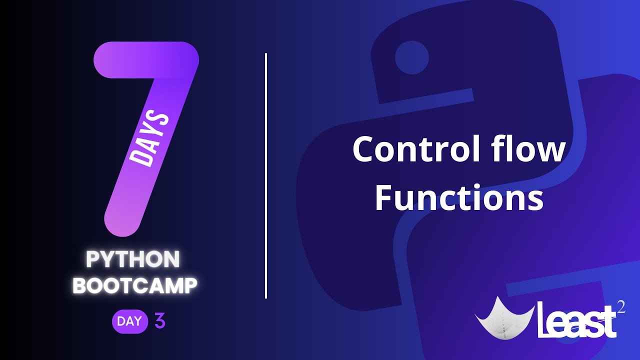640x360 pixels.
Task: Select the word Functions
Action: pyautogui.click(x=459, y=197)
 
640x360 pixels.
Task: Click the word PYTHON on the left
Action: pyautogui.click(x=133, y=259)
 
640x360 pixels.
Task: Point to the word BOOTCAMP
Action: pyautogui.click(x=135, y=285)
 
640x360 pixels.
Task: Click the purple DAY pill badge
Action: pyautogui.click(x=129, y=321)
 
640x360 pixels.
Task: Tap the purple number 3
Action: pyautogui.click(x=160, y=321)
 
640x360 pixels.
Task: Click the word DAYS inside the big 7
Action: pyautogui.click(x=148, y=139)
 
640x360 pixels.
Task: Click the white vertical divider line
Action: pyautogui.click(x=266, y=175)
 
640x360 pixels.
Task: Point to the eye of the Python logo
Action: pyautogui.click(x=411, y=57)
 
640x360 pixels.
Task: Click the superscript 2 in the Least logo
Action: pyautogui.click(x=621, y=307)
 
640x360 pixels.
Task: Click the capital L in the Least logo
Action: pyautogui.click(x=544, y=319)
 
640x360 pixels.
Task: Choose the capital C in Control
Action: pyautogui.click(x=365, y=149)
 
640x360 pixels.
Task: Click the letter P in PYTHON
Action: pyautogui.click(x=92, y=259)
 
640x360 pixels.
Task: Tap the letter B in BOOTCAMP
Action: pyautogui.click(x=80, y=285)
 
